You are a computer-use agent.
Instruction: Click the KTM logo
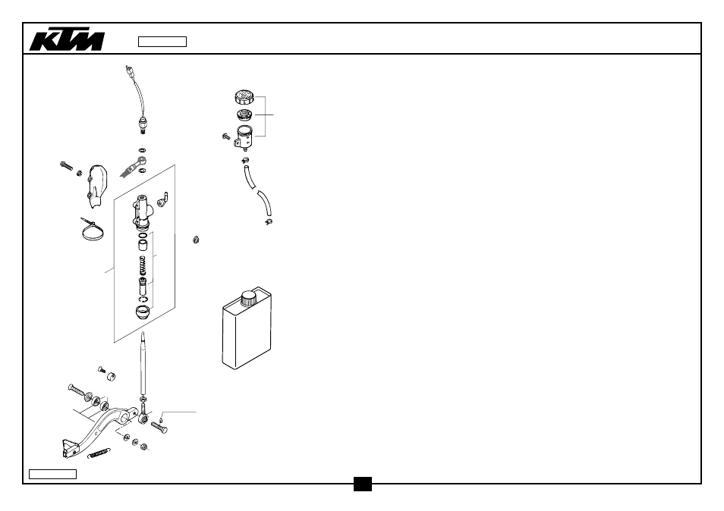[67, 41]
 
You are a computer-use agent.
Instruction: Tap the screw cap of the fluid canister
[248, 298]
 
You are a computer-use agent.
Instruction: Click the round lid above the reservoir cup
[244, 97]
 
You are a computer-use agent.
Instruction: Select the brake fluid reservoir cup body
[244, 136]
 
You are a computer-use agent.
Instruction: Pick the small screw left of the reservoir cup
[226, 136]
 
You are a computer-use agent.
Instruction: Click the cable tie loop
[93, 230]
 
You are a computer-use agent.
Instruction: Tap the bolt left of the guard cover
[67, 165]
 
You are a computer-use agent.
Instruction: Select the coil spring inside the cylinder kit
[143, 266]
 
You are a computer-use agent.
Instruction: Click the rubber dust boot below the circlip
[143, 312]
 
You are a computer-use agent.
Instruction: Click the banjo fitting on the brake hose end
[142, 161]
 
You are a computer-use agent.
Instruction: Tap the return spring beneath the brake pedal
[99, 454]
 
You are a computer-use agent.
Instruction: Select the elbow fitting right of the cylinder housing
[163, 199]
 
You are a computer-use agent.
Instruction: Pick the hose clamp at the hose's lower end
[269, 222]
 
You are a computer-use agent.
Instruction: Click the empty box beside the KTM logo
[162, 42]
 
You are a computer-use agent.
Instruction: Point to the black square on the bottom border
[363, 484]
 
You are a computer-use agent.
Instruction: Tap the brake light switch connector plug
[130, 71]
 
